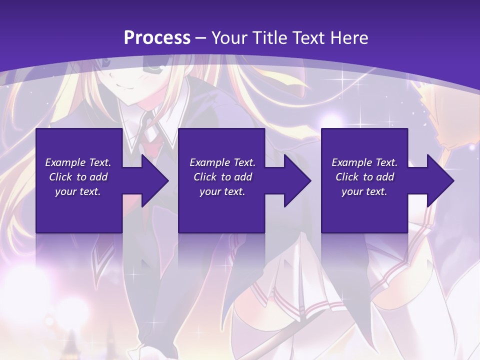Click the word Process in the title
pos(157,37)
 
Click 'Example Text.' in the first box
pos(78,162)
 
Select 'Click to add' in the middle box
pos(222,177)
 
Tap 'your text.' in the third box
pos(364,191)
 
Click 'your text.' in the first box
pos(78,191)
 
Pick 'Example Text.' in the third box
pos(364,162)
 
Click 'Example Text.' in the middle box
pos(222,162)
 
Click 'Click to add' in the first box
pos(78,177)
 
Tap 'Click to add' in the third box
pos(364,177)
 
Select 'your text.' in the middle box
pos(222,191)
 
